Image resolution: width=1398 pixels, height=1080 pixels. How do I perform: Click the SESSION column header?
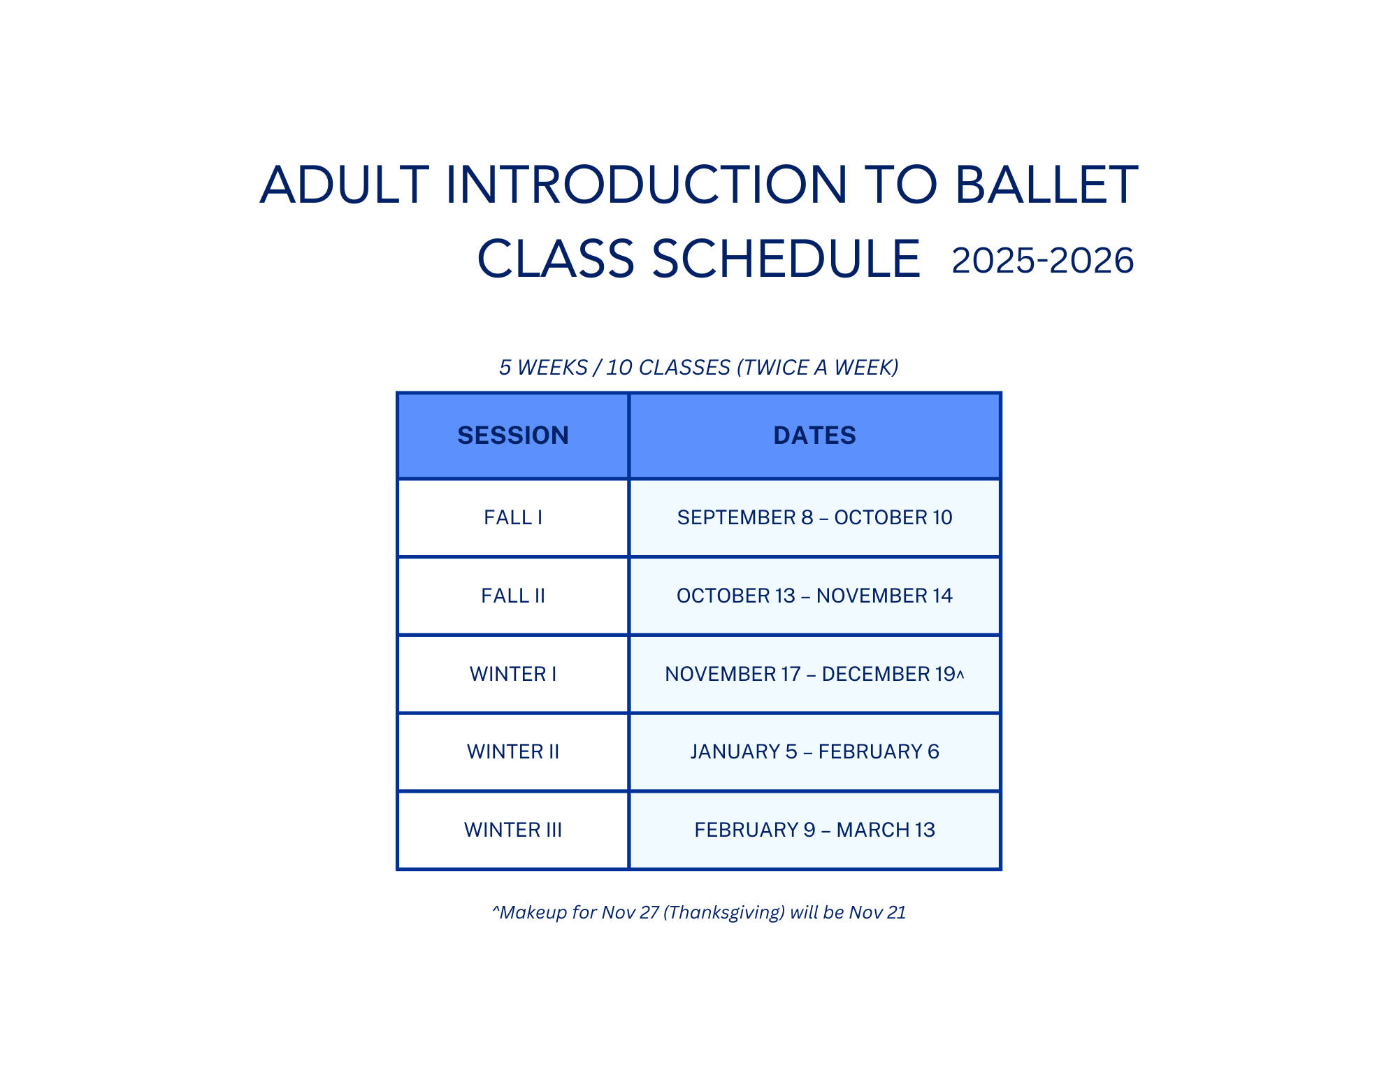click(513, 435)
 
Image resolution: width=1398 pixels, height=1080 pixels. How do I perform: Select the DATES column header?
click(814, 435)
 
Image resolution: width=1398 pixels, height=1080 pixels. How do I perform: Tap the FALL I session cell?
click(513, 517)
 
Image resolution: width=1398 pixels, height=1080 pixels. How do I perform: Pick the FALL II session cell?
click(513, 596)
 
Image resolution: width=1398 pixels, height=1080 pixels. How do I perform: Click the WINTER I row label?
click(513, 674)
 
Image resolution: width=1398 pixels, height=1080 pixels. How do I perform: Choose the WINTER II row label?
click(513, 751)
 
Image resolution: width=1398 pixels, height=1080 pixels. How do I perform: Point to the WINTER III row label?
click(513, 830)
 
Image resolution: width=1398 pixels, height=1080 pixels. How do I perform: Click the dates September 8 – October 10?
click(814, 517)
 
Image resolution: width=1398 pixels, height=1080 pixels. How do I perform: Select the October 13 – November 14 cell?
click(814, 596)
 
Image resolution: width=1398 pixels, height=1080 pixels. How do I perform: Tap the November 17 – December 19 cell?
click(814, 674)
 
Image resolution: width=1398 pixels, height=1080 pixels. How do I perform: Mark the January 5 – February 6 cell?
click(814, 751)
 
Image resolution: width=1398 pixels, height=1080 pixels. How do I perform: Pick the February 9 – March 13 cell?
click(814, 830)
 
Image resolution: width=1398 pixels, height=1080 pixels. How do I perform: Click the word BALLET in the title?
click(1046, 185)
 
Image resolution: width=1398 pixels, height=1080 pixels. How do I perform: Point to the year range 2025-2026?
click(1042, 261)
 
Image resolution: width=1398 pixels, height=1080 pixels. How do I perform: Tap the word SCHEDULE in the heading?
click(786, 259)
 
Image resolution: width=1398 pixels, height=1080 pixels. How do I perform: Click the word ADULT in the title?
click(345, 185)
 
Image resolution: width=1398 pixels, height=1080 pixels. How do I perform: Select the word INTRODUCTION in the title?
click(647, 185)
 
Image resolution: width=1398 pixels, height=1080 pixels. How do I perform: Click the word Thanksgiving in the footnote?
click(724, 912)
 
